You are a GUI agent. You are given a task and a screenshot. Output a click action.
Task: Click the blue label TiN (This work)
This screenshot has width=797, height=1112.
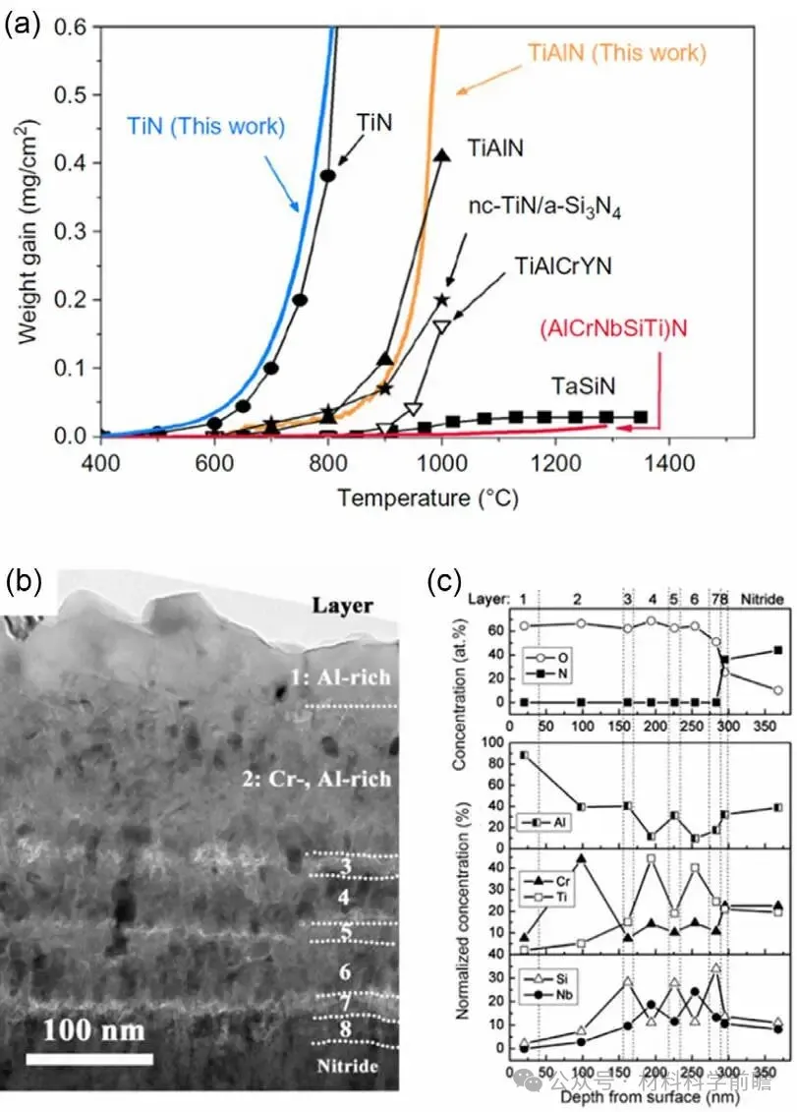click(205, 126)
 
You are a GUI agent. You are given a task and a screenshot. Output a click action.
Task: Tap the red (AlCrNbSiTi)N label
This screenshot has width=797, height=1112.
click(611, 326)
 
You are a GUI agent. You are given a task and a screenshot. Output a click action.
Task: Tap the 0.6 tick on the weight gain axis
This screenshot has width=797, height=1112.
click(77, 27)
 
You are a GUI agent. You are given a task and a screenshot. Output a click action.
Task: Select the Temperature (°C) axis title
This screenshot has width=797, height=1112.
click(427, 497)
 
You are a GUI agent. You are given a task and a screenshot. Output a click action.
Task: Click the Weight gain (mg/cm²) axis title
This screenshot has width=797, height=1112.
click(31, 231)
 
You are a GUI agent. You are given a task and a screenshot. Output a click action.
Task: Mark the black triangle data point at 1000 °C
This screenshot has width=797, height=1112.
click(442, 155)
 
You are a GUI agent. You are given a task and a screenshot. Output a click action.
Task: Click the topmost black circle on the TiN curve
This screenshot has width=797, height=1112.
click(328, 175)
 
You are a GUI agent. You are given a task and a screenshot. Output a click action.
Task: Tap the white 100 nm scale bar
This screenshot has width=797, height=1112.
click(89, 1059)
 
